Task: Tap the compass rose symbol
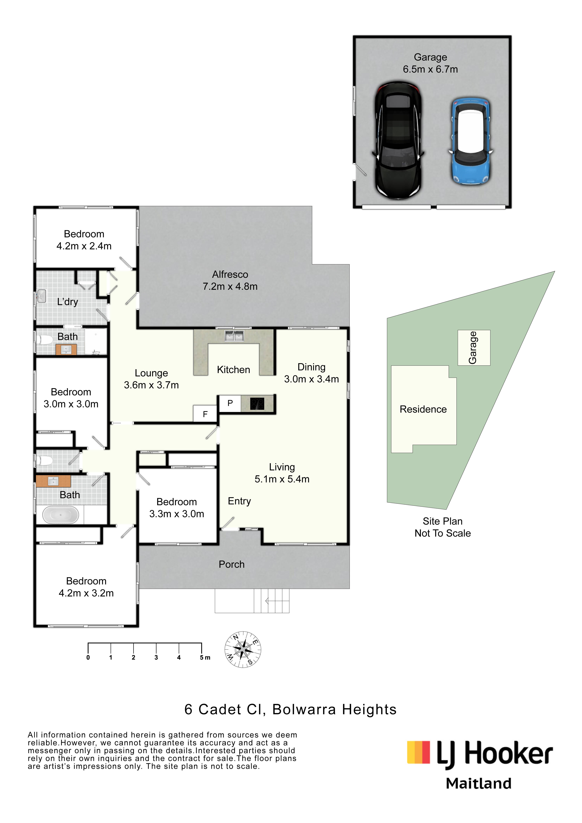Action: (x=243, y=649)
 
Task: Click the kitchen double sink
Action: (x=234, y=336)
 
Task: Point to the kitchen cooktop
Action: (x=257, y=404)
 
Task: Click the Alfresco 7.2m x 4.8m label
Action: (x=230, y=280)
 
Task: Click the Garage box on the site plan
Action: (x=473, y=348)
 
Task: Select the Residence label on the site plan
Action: (x=423, y=409)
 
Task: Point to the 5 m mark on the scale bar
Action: (x=202, y=657)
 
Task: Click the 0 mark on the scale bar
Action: (x=88, y=657)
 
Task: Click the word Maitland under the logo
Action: (x=478, y=784)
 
